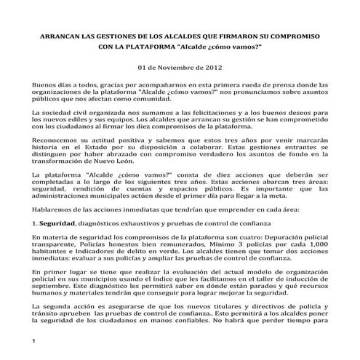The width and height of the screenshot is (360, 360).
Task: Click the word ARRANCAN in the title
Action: (x=61, y=36)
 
